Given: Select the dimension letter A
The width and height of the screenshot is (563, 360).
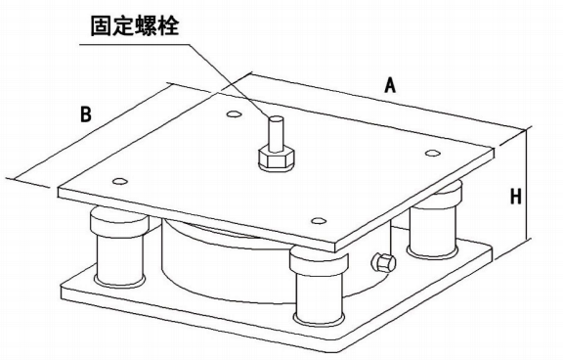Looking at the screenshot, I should [x=389, y=86].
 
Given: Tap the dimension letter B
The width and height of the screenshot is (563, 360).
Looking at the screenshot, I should [x=86, y=114].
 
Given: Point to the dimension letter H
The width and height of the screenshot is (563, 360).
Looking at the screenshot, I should [x=515, y=196].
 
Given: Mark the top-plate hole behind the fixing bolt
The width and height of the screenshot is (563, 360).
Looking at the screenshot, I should [x=234, y=115].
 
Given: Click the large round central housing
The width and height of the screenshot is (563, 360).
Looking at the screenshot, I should [x=215, y=259].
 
